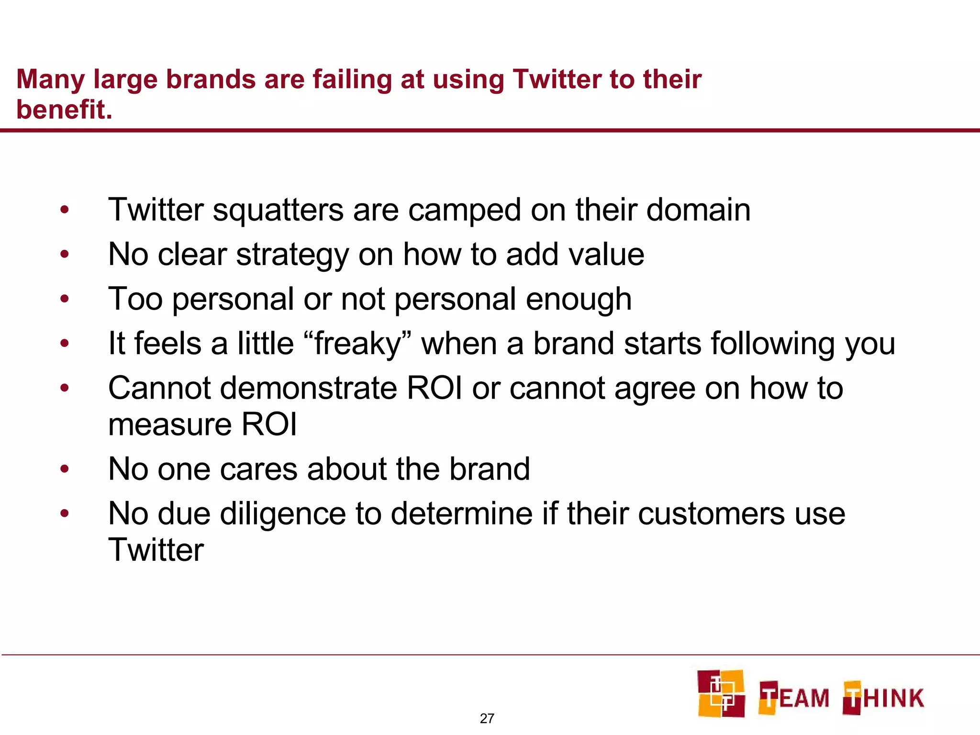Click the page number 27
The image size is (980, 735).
coord(487,718)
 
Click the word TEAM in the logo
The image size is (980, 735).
coord(794,698)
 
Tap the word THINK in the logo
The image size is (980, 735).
coord(883,698)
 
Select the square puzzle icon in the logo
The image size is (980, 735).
coord(721,693)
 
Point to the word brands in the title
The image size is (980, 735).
coord(211,79)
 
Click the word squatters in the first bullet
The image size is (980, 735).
coord(278,211)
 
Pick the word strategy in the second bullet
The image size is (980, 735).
coord(292,256)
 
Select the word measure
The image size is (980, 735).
coord(170,425)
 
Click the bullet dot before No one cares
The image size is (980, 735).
coord(65,469)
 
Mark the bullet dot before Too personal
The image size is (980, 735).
coord(65,299)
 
